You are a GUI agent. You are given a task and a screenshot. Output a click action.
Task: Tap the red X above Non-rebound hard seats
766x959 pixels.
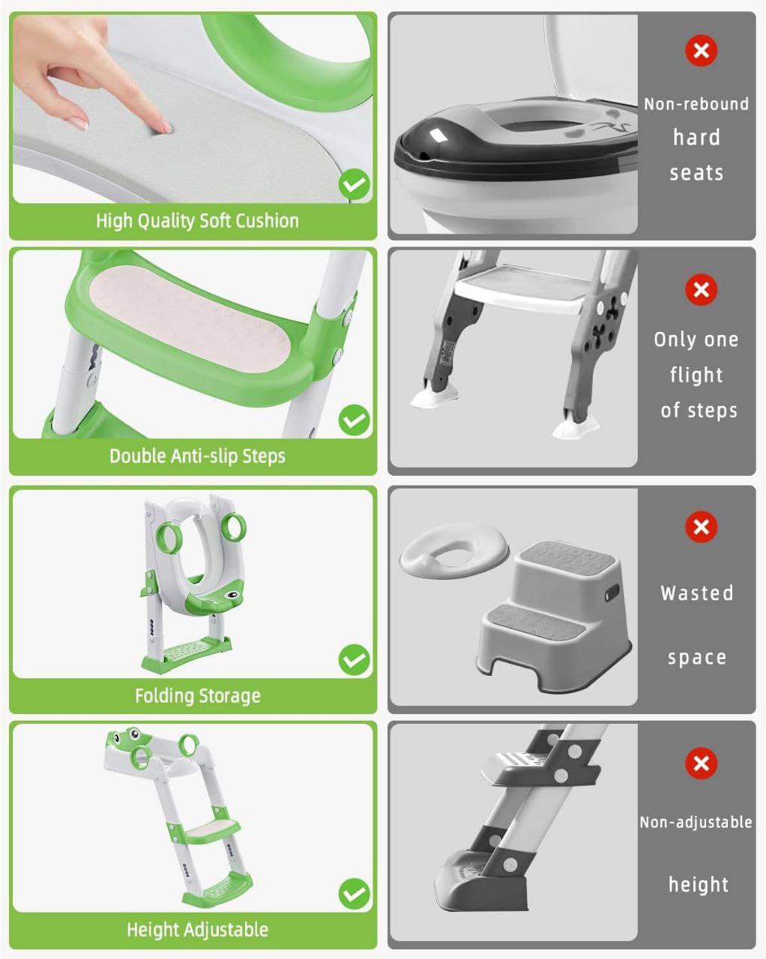click(x=701, y=51)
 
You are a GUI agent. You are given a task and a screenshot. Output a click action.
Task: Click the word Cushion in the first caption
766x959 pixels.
click(x=267, y=221)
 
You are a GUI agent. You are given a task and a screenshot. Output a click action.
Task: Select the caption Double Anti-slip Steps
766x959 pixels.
click(x=197, y=456)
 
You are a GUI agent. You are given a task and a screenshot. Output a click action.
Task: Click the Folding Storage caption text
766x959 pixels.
click(x=197, y=696)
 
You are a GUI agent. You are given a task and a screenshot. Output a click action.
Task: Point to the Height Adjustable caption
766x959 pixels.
click(x=197, y=931)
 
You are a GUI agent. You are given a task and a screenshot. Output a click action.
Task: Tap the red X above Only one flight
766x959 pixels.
click(x=701, y=289)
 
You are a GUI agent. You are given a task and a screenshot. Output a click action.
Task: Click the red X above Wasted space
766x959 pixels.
click(x=701, y=527)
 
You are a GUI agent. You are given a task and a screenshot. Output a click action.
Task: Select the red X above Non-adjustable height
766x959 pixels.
click(x=701, y=763)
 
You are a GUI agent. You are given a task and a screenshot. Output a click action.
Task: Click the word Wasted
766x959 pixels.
click(x=696, y=593)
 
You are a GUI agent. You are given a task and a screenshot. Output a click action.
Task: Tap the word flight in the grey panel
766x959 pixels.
click(x=696, y=375)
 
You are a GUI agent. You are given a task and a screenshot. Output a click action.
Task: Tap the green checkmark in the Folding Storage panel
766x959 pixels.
click(x=354, y=660)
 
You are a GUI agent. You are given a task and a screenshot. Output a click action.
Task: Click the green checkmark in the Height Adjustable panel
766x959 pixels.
click(x=354, y=894)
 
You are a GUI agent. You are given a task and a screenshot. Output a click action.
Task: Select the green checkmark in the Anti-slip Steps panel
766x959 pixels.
click(x=354, y=420)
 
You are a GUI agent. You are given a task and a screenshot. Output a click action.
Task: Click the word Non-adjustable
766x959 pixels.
click(x=696, y=823)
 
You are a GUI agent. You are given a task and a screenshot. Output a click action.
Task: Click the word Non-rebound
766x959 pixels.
click(x=696, y=104)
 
